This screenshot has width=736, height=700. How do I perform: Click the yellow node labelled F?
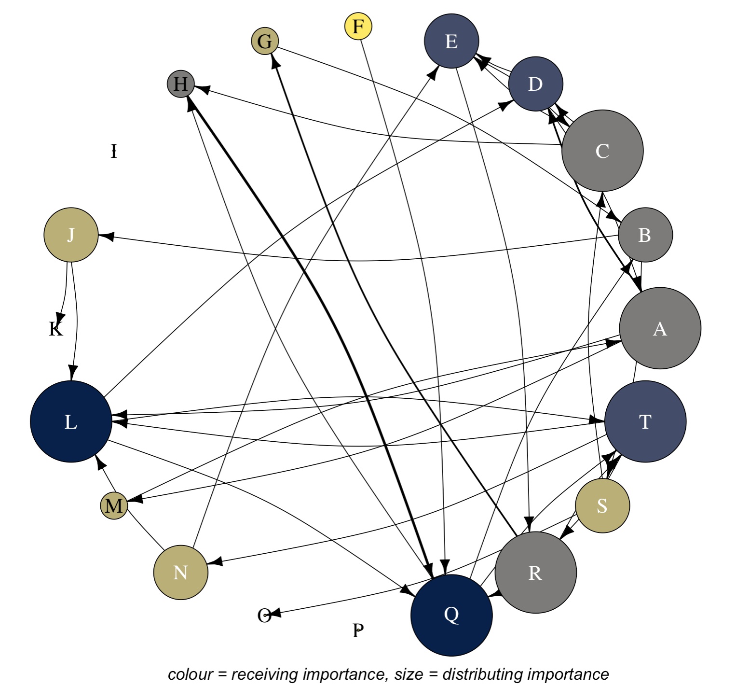[x=358, y=26]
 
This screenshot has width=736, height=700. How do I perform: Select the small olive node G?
[x=265, y=41]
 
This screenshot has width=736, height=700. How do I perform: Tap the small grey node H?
[x=180, y=84]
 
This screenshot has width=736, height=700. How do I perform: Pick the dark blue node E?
[x=451, y=41]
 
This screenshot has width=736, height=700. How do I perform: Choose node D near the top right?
[x=535, y=84]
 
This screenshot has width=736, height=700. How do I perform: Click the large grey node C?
[x=602, y=151]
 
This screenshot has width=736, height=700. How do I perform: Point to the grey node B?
[x=645, y=235]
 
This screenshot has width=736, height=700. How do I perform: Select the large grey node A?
[x=660, y=328]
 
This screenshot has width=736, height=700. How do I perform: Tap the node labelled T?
[x=645, y=421]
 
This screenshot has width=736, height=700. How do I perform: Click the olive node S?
[x=602, y=505]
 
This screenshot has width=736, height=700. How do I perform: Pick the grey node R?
[x=535, y=573]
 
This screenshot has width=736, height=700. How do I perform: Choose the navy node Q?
[x=451, y=615]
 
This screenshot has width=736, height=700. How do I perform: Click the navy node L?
[x=71, y=421]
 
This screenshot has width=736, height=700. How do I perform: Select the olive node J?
[x=71, y=235]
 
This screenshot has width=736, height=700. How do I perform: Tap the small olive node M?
[x=114, y=505]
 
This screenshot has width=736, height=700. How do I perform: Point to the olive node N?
[x=180, y=573]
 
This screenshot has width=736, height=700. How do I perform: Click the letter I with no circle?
[x=114, y=151]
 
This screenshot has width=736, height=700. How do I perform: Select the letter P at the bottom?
[x=358, y=630]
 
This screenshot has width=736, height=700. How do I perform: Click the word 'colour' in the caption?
[x=190, y=674]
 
